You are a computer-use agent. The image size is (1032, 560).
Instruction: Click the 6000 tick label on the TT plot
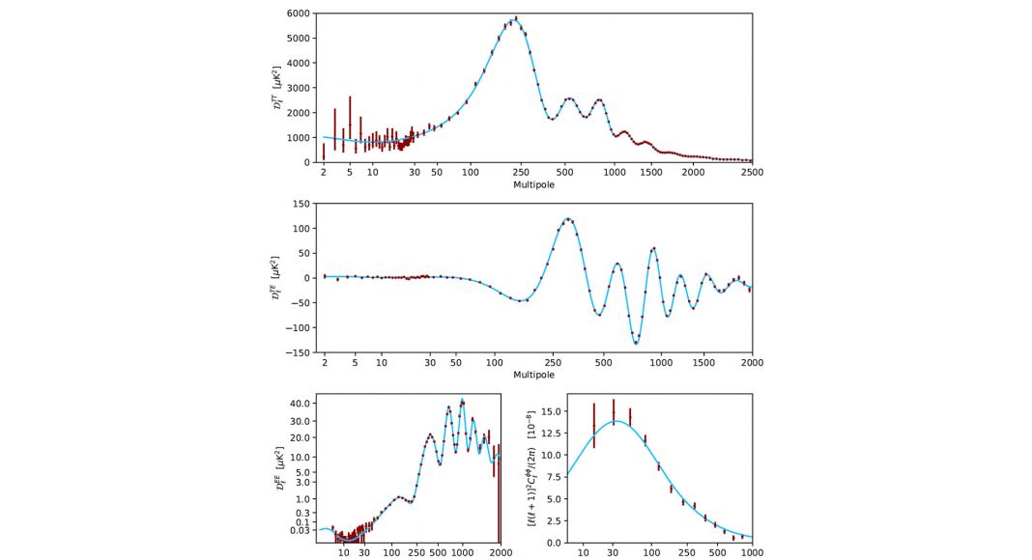pyautogui.click(x=298, y=14)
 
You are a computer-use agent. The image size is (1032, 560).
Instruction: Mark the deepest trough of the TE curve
pyautogui.click(x=636, y=343)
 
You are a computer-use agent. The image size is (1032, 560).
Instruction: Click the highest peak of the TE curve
pyautogui.click(x=567, y=219)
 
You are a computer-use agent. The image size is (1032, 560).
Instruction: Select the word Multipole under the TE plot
pyautogui.click(x=533, y=375)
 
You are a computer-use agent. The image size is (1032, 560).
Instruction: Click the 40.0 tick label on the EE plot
pyautogui.click(x=298, y=403)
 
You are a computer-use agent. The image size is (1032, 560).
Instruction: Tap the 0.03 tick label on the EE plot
pyautogui.click(x=298, y=530)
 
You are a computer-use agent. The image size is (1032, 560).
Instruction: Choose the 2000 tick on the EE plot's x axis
pyautogui.click(x=499, y=552)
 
